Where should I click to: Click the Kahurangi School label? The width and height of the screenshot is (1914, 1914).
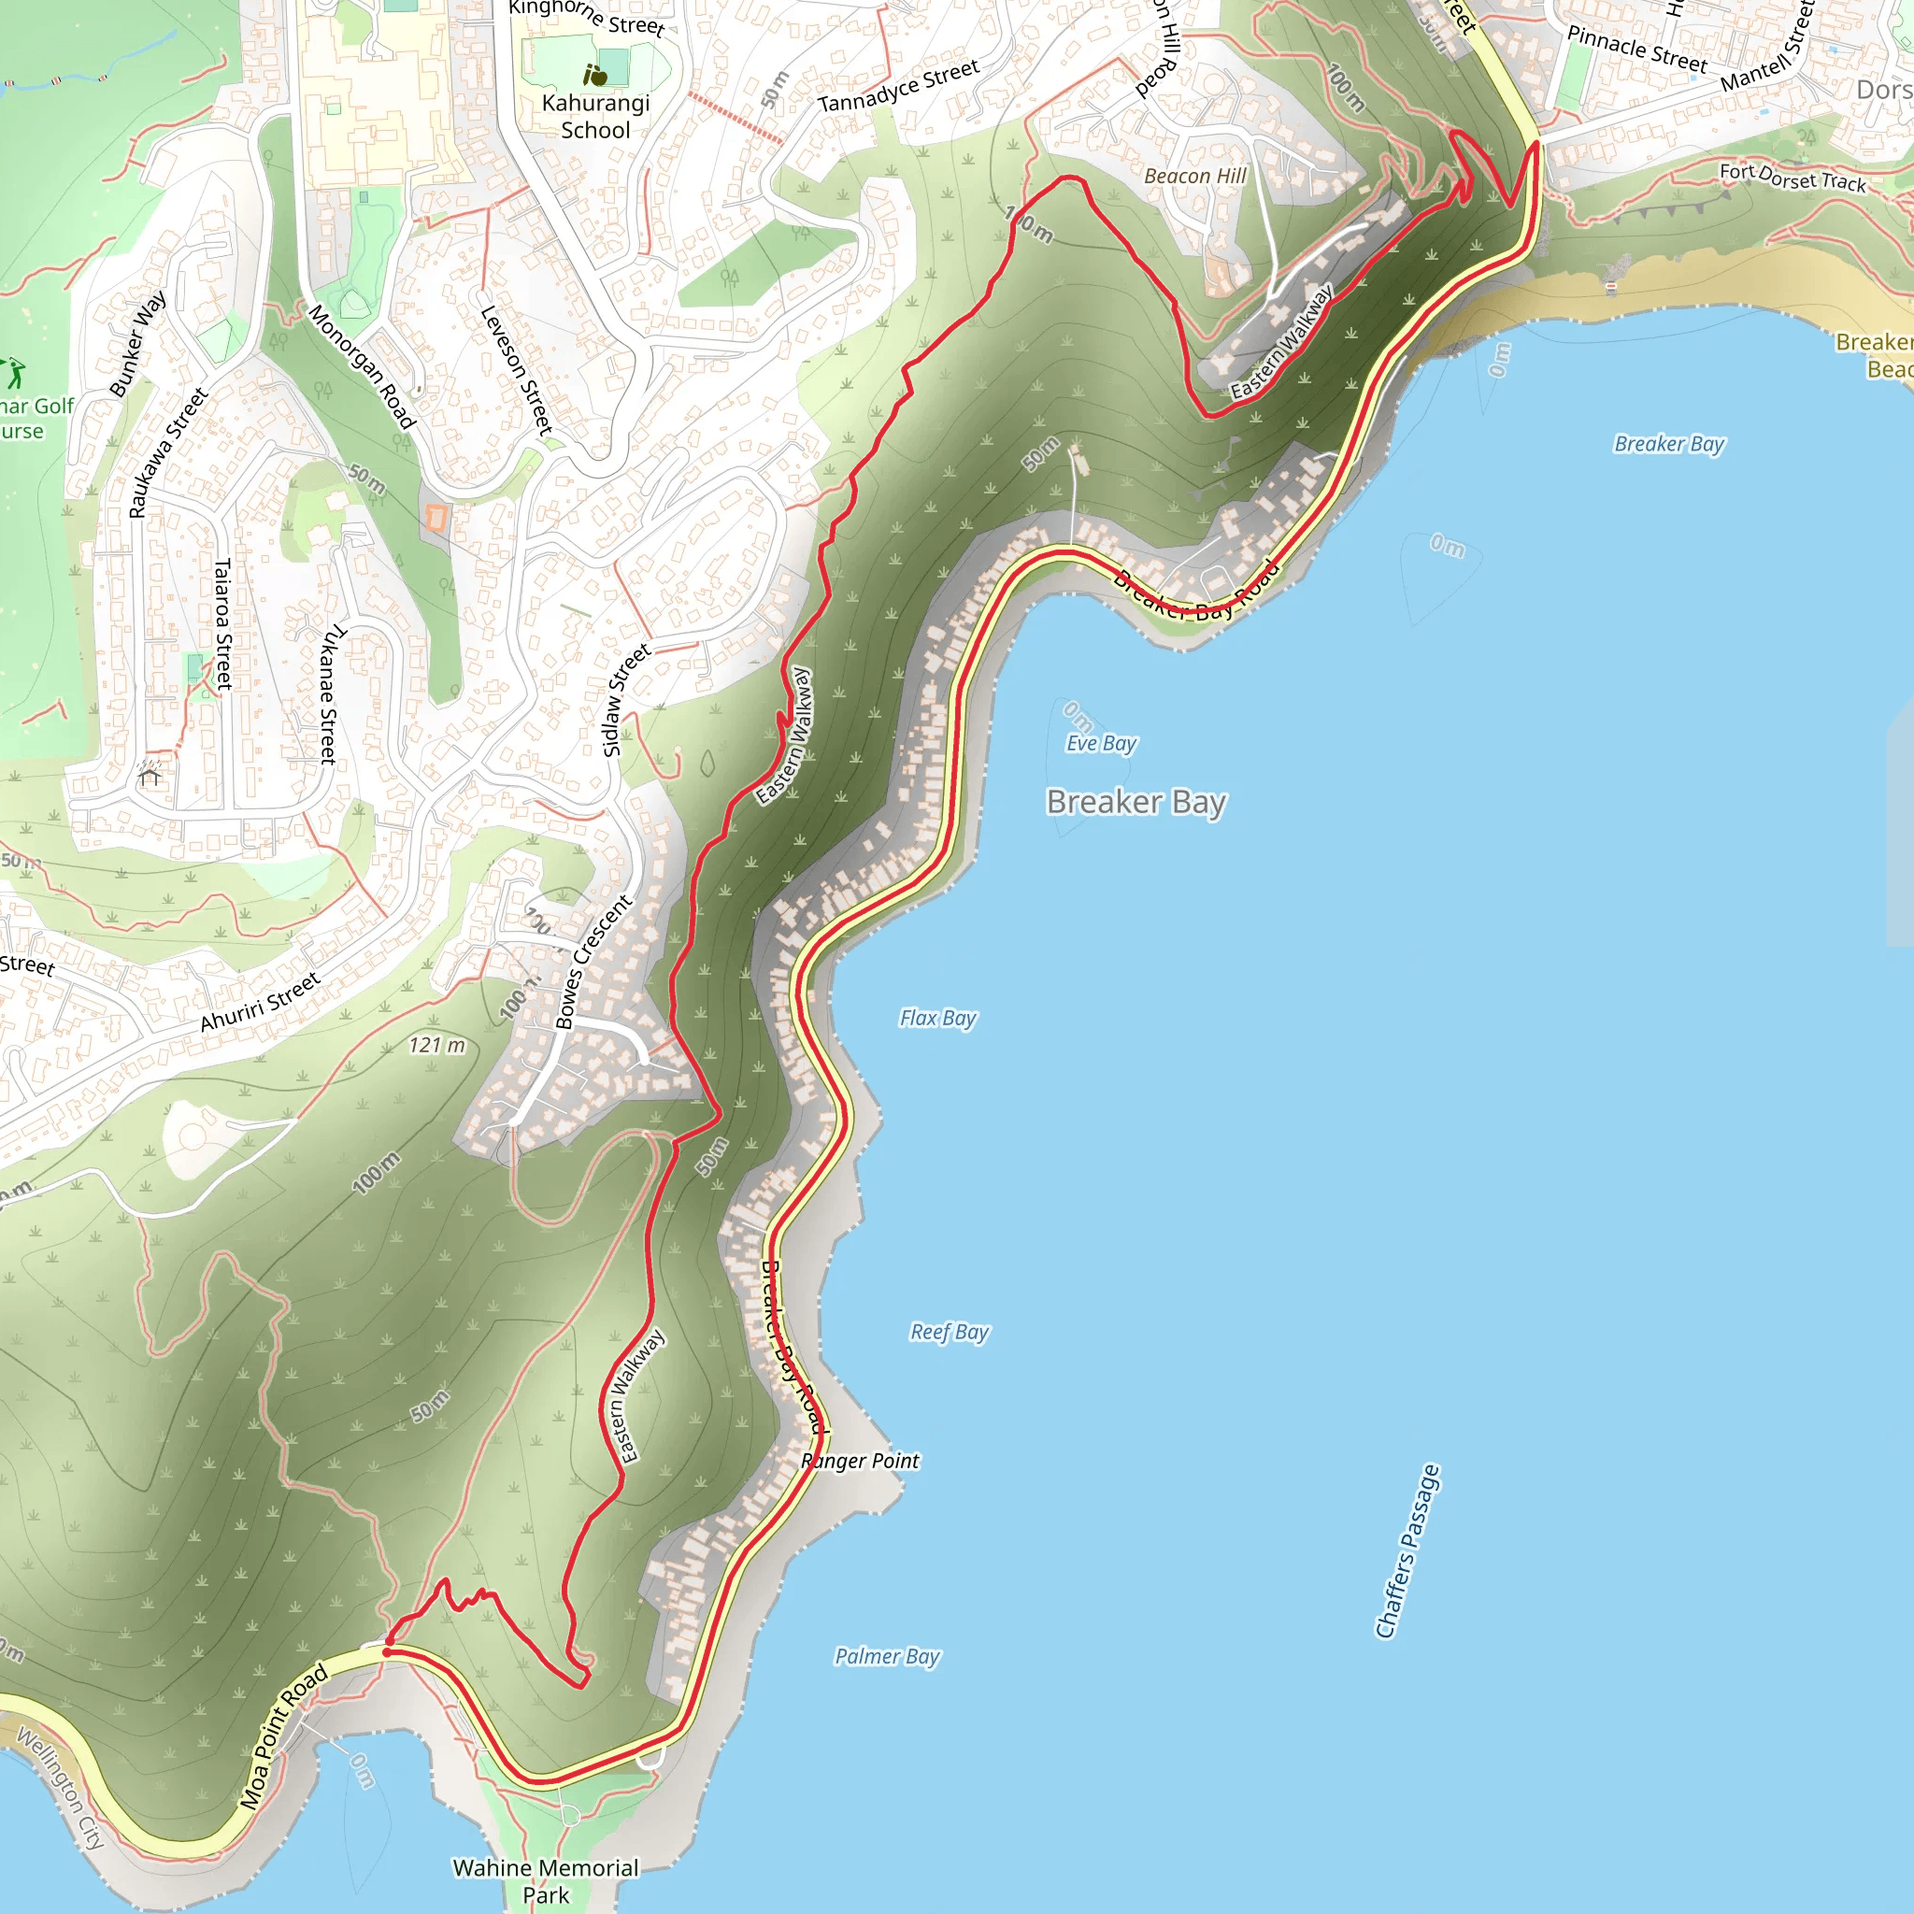(595, 117)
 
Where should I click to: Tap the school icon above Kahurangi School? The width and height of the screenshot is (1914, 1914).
(595, 75)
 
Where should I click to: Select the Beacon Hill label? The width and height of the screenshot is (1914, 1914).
(1194, 177)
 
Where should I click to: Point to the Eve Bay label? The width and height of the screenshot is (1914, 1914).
(1102, 743)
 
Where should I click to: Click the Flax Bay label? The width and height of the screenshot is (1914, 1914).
(938, 1018)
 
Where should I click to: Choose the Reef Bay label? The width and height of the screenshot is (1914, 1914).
(950, 1332)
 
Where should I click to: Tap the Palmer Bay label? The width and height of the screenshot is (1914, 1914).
(888, 1655)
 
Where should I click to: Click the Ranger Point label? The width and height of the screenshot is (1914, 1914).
(861, 1461)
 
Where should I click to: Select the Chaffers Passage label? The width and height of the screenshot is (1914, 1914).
(1407, 1550)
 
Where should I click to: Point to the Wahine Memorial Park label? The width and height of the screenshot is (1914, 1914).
(546, 1880)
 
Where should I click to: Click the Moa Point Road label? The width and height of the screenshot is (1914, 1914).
(283, 1735)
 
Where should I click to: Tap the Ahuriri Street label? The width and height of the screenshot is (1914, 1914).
(261, 1002)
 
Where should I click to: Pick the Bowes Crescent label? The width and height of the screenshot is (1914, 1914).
(593, 962)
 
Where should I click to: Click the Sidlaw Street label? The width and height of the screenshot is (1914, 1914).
(626, 699)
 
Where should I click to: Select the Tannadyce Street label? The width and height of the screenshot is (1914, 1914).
(898, 86)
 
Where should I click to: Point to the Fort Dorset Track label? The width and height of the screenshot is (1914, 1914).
(1793, 178)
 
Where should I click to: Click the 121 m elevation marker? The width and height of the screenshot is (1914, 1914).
(436, 1044)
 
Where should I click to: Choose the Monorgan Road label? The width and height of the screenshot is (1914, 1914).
(362, 365)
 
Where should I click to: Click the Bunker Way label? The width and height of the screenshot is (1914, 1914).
(137, 345)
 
